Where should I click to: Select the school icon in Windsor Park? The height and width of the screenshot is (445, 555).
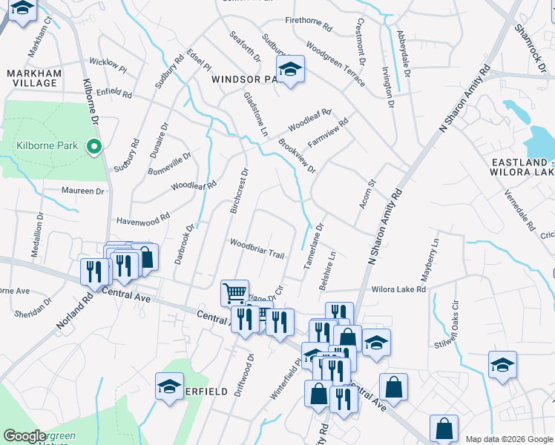(290, 70)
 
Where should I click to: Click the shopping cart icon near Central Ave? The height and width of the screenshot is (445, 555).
(234, 293)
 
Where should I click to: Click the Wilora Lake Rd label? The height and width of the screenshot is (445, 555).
(399, 289)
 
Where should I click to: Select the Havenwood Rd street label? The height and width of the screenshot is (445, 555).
(143, 220)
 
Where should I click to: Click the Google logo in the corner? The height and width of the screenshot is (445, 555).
(25, 436)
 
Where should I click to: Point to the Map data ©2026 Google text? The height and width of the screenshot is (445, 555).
(509, 439)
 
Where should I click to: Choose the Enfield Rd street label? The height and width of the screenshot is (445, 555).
(114, 93)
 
